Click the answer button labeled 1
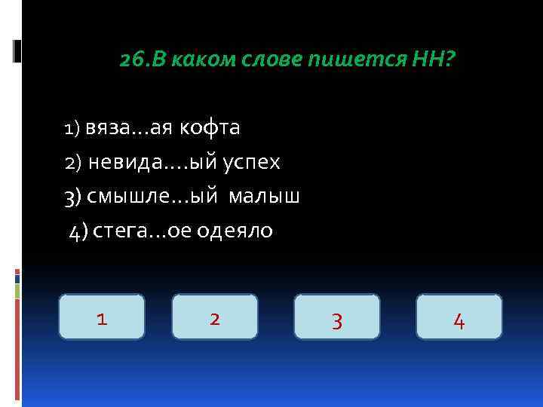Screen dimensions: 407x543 (102, 317)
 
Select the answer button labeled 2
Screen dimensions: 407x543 (215, 317)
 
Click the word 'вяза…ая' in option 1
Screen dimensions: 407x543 (129, 128)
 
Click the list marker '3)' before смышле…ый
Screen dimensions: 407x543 (72, 197)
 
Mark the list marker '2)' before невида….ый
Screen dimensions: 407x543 (72, 163)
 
